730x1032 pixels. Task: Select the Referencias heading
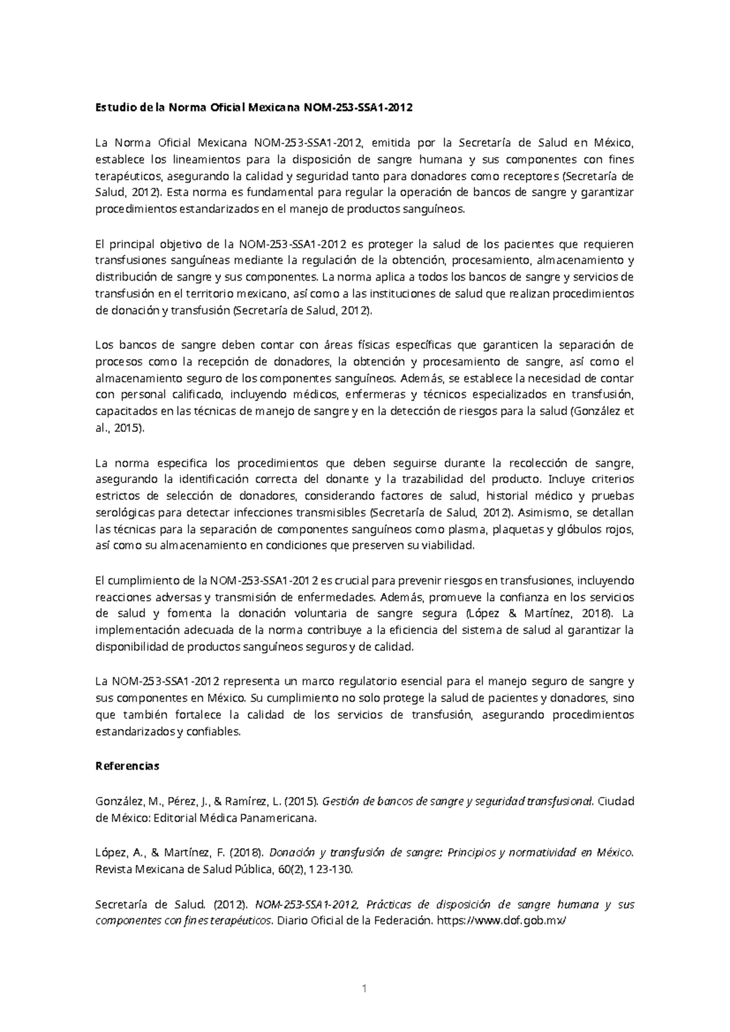[x=127, y=766]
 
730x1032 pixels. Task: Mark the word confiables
[x=214, y=732]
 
